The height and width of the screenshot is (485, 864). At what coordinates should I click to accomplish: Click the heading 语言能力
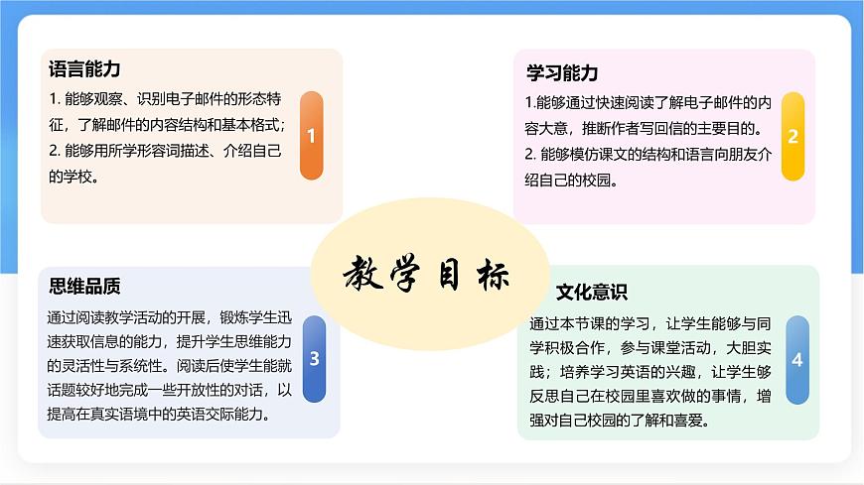click(84, 69)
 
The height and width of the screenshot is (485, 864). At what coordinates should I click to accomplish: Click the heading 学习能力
click(562, 73)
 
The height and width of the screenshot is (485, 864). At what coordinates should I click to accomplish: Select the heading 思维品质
click(84, 287)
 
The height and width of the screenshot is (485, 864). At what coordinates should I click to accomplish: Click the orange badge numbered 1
click(311, 136)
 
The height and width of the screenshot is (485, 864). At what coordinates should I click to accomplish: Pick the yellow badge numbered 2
click(792, 137)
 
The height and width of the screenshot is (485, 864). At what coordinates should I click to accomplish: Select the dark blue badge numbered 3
click(314, 358)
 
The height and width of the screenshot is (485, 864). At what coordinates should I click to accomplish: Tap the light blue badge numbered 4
click(796, 359)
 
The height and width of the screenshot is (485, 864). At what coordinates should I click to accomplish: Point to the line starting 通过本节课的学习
click(650, 324)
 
